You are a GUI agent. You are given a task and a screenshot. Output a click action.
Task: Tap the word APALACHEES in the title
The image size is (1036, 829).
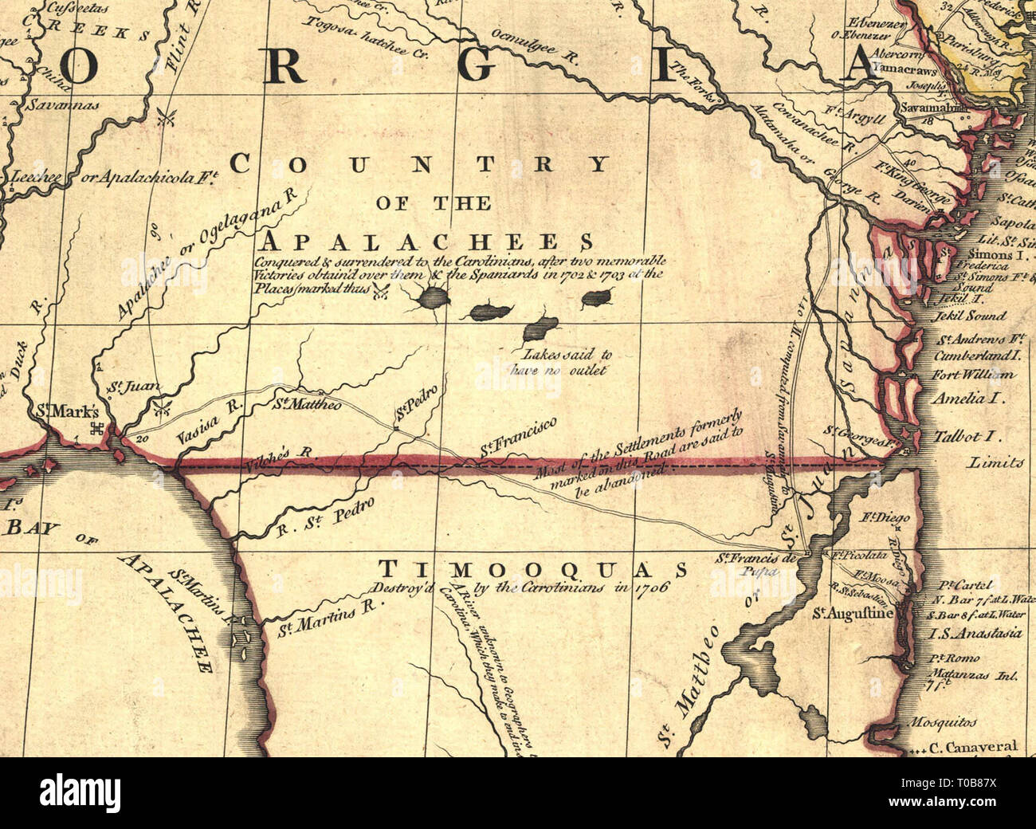(x=428, y=242)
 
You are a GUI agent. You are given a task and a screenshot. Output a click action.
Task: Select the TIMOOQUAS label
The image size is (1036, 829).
(x=532, y=569)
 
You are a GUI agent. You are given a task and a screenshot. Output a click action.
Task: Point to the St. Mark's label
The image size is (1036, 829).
(x=68, y=413)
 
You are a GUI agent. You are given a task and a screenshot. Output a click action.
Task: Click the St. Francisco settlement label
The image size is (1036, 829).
(x=518, y=438)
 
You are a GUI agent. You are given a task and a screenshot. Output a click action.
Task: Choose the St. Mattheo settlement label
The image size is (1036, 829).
(x=307, y=405)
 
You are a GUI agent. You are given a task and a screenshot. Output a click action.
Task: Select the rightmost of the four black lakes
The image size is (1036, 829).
(x=597, y=298)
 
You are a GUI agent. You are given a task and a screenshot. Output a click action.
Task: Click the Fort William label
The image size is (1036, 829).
(x=974, y=375)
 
